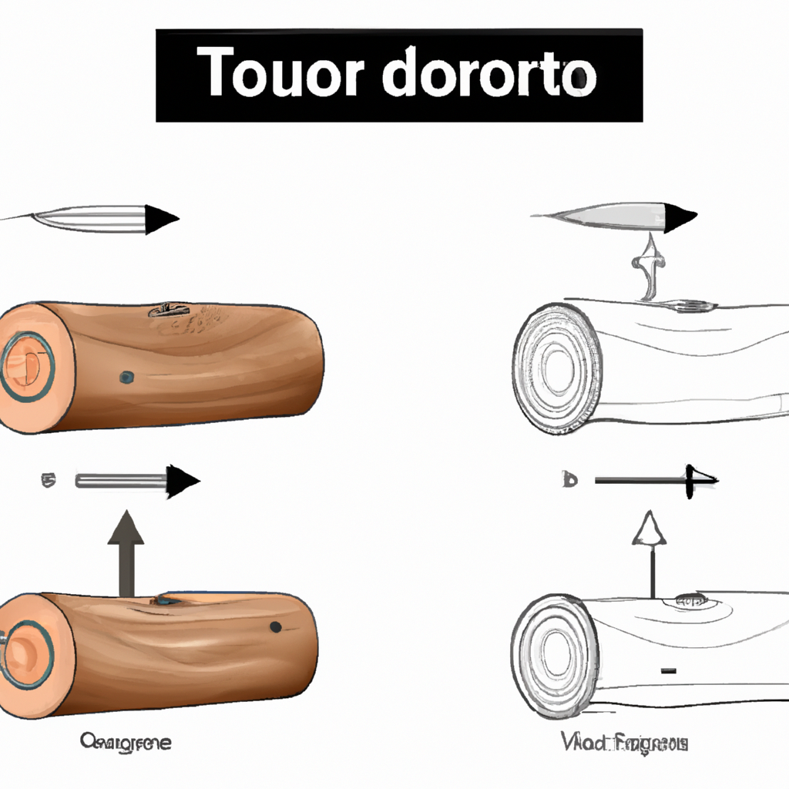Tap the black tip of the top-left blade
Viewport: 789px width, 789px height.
pyautogui.click(x=161, y=219)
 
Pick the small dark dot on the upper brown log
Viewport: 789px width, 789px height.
pyautogui.click(x=126, y=378)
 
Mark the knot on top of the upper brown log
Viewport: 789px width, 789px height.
pyautogui.click(x=168, y=310)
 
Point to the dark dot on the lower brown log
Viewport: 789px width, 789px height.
pyautogui.click(x=275, y=627)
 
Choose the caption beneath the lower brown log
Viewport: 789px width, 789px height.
pyautogui.click(x=126, y=743)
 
